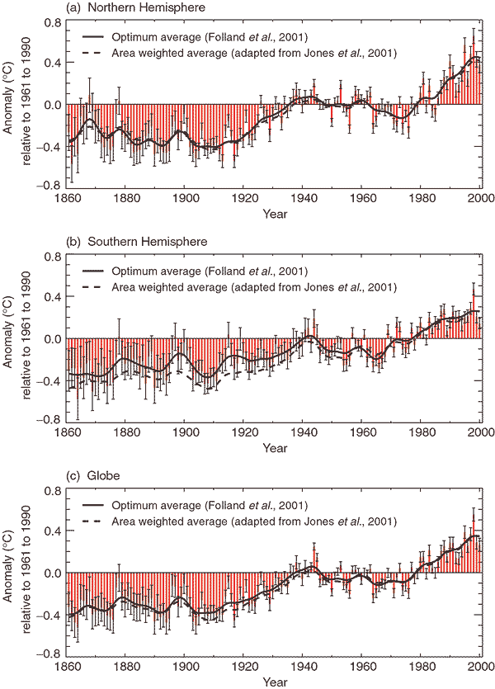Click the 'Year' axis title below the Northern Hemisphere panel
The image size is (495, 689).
[x=275, y=213]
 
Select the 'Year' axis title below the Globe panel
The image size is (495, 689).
[x=275, y=681]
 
